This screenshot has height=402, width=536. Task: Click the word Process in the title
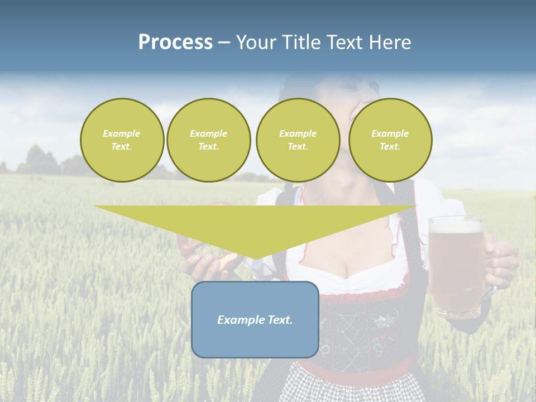coord(175,42)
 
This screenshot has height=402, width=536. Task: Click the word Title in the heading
coord(299,42)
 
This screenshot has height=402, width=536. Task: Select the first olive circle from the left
coord(122,140)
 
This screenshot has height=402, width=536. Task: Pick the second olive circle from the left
coord(208,140)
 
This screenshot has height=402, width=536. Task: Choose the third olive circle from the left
coord(298,140)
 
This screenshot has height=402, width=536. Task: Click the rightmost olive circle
coord(390,140)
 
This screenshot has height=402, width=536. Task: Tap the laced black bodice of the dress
coord(357,329)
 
